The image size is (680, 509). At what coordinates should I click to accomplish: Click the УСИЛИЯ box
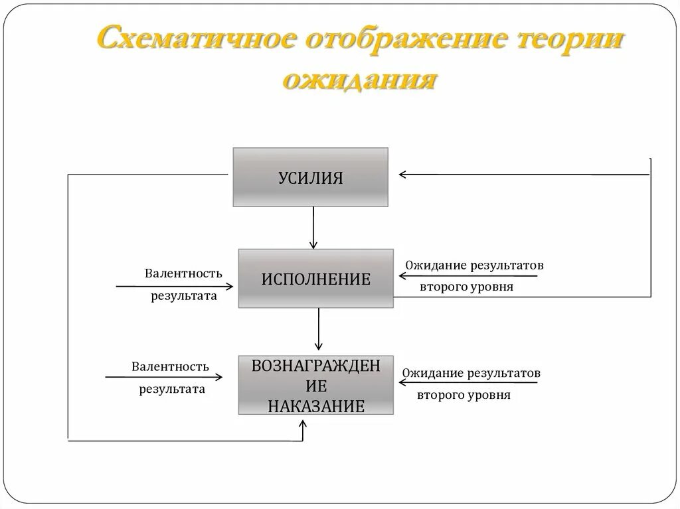(x=310, y=177)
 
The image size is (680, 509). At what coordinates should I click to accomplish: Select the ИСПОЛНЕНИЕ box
(x=315, y=278)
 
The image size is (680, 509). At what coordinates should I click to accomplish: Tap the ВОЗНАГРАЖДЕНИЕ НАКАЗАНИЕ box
(x=315, y=385)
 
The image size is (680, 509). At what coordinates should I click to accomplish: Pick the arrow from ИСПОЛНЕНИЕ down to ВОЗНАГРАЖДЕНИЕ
(x=319, y=329)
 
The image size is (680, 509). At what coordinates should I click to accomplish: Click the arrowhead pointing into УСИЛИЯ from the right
(x=403, y=175)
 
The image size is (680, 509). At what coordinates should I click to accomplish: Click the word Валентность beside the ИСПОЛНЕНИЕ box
(x=183, y=273)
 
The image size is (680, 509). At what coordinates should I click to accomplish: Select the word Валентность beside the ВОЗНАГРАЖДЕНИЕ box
(x=170, y=366)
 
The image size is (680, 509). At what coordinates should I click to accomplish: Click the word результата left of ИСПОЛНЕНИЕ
(x=184, y=296)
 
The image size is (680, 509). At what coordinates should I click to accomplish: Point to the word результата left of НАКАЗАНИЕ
(x=172, y=390)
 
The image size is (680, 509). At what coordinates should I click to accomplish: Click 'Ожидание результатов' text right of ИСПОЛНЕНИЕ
(x=474, y=265)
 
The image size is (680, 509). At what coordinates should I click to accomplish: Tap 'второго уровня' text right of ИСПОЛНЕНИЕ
(x=466, y=288)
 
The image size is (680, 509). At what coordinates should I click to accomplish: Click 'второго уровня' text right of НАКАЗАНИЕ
(x=464, y=395)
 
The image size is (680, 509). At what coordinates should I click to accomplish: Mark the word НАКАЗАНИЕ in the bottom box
(x=316, y=406)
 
